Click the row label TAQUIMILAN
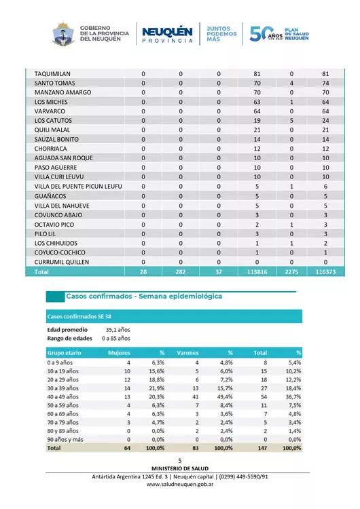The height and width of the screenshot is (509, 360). pos(52,73)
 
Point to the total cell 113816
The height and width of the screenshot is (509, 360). pos(257,271)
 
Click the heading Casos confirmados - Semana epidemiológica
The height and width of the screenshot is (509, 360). pos(143,297)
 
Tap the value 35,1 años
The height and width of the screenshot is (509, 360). pos(118,329)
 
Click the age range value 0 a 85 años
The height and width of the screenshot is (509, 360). pos(115,338)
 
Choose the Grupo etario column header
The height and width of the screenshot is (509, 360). pos(65,353)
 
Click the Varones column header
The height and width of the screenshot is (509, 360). pos(187,353)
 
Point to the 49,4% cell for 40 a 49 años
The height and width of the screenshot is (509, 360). pos(226,396)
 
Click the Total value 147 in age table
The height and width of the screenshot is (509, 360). pos(262,449)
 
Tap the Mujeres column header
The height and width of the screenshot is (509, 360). pos(120,353)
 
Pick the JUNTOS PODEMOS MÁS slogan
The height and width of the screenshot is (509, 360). pos(221,34)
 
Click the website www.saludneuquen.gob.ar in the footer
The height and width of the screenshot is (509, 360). pos(180,484)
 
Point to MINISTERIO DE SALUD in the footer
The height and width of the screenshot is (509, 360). pos(180,468)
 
